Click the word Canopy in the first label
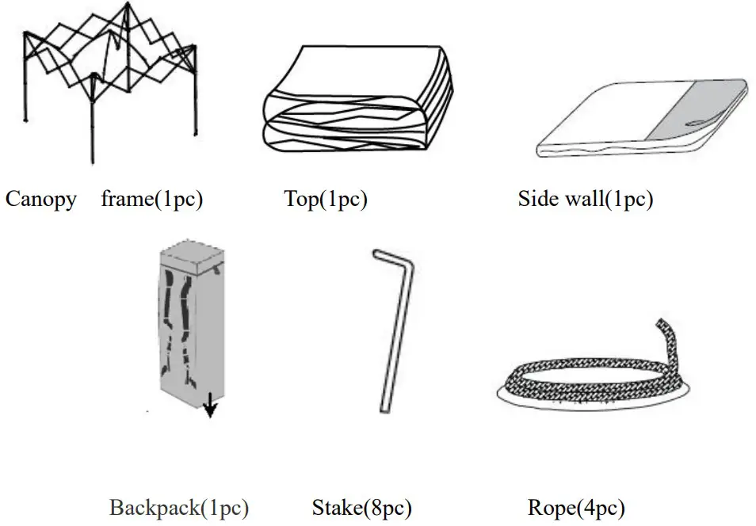[41, 199]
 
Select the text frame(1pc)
[152, 199]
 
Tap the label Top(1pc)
[326, 199]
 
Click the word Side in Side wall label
[537, 198]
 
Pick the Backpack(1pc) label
[179, 507]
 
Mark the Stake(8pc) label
[362, 507]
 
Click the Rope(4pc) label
[576, 507]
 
